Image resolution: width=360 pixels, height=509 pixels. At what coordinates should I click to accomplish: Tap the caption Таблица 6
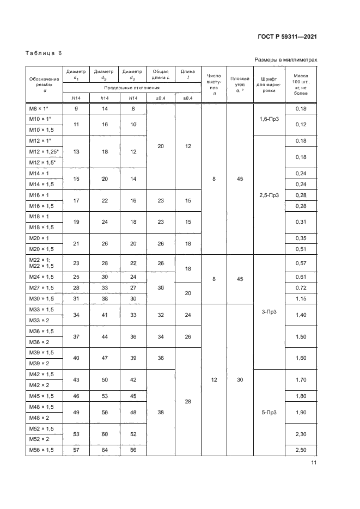point(44,53)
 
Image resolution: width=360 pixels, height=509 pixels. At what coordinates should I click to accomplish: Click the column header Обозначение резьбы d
point(44,85)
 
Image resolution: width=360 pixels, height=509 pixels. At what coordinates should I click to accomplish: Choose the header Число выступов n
point(214,84)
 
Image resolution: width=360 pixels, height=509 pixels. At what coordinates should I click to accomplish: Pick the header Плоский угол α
point(240,84)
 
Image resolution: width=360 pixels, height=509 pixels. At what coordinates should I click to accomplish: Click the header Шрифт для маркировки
point(269,84)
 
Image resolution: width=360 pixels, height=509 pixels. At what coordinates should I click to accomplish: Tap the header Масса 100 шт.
point(301,84)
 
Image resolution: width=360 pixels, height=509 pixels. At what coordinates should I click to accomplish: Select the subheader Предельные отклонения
point(132,88)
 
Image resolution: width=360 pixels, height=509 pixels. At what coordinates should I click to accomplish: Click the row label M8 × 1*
point(40,109)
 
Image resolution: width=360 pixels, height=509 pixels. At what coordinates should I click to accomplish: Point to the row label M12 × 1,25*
point(44,151)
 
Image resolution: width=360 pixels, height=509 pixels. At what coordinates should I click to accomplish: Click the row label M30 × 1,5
point(41,299)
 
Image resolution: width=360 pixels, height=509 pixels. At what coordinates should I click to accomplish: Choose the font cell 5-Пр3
point(269,412)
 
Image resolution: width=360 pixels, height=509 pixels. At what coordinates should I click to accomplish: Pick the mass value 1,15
point(301,299)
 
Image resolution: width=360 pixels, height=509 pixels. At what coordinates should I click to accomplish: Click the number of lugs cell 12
point(214,380)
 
